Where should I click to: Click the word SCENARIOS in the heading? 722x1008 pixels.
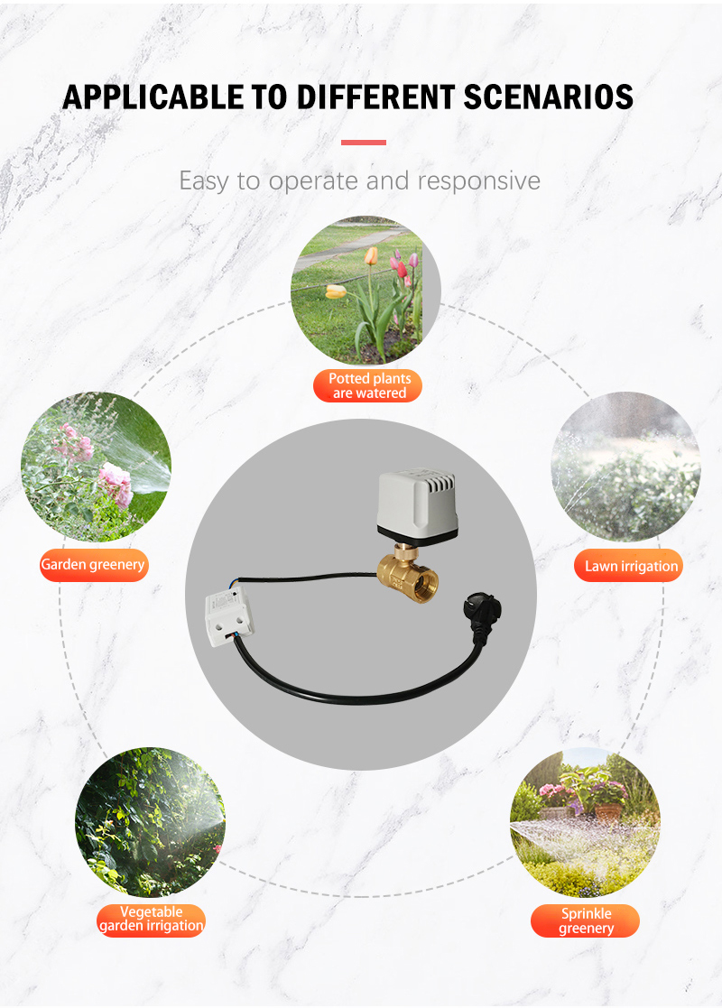click(548, 97)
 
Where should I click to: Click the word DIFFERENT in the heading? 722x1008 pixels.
click(375, 97)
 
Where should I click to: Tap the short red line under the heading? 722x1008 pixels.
click(363, 142)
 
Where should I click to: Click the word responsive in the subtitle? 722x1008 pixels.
click(479, 181)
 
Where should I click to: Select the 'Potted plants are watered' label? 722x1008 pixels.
click(367, 385)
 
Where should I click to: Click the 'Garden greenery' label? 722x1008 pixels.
click(94, 565)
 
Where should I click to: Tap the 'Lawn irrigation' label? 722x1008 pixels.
click(628, 566)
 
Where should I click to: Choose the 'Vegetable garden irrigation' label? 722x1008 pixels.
click(151, 920)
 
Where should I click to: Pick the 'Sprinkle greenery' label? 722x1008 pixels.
click(585, 920)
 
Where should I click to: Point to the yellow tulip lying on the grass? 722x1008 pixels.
click(336, 291)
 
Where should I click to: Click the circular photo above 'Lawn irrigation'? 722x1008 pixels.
click(626, 467)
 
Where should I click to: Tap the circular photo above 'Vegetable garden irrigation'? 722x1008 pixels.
click(150, 822)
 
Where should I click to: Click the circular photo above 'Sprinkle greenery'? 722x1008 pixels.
click(585, 822)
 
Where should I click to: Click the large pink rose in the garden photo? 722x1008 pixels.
click(116, 484)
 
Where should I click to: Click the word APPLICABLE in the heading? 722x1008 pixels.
click(153, 97)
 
